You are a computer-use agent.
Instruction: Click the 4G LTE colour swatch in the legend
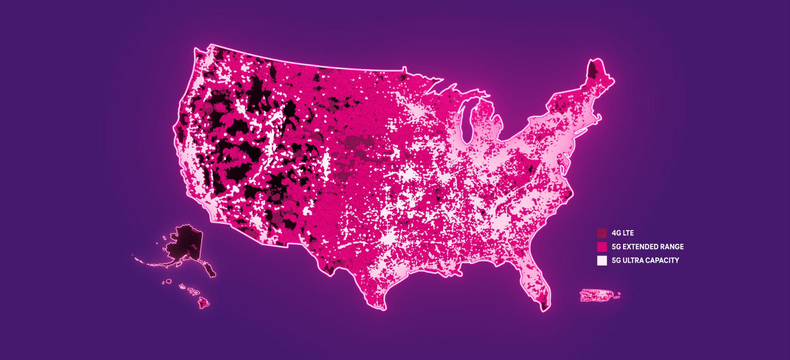[602, 233]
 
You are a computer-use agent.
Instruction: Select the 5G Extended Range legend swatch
[602, 246]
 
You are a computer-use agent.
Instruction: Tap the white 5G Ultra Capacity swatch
[602, 260]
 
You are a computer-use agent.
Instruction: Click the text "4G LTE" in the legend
[622, 233]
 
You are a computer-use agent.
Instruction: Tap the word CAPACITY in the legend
[662, 260]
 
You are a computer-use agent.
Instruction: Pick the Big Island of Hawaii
[202, 302]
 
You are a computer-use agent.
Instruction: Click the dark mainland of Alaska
[184, 240]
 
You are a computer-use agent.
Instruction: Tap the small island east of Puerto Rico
[617, 296]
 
